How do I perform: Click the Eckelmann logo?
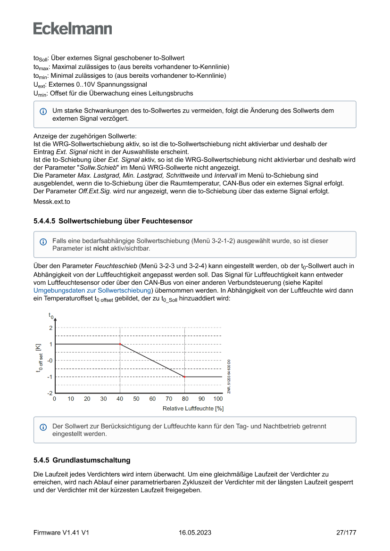tap(73, 28)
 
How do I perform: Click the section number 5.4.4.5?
tap(44, 221)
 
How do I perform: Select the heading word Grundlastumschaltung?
tap(91, 460)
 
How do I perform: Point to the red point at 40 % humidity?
tap(120, 344)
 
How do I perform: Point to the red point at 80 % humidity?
tap(184, 377)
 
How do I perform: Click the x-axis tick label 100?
tap(218, 399)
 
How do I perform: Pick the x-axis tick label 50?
tap(136, 399)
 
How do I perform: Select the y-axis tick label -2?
tap(49, 393)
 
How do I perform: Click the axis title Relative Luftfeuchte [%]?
tap(193, 408)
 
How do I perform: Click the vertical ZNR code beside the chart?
tap(229, 377)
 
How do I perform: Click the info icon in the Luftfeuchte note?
tap(43, 427)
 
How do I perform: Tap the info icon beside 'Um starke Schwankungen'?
tap(43, 112)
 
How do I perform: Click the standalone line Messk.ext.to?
tap(51, 201)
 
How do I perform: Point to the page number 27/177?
tap(346, 533)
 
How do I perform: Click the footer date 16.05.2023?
tap(195, 533)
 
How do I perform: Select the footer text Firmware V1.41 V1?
tap(61, 533)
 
